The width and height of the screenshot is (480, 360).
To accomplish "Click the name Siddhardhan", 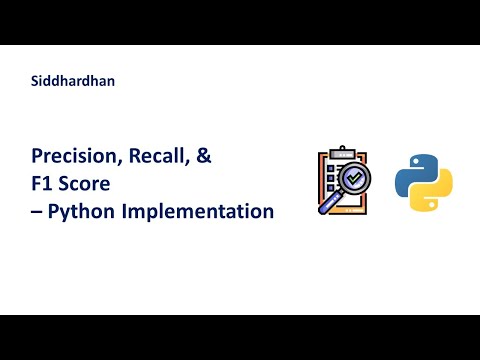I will [73, 82].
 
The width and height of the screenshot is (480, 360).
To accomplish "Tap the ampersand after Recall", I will [203, 158].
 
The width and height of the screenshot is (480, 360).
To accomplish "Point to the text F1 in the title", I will [43, 185].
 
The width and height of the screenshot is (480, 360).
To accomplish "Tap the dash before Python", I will [37, 212].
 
